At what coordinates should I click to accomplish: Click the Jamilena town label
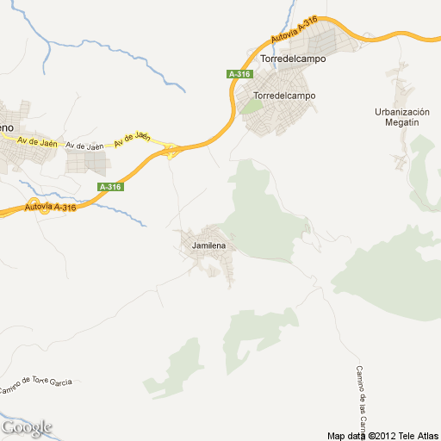pos(204,246)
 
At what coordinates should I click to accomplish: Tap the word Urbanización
pos(402,112)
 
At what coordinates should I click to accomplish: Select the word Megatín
pos(402,123)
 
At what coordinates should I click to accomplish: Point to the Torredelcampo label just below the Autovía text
pos(290,59)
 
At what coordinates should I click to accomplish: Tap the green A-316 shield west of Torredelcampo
pos(239,74)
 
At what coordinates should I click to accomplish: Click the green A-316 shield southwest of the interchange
pos(110,187)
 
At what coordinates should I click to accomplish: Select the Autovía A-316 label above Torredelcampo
pos(293,32)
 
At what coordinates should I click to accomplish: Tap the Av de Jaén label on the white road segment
pos(84,146)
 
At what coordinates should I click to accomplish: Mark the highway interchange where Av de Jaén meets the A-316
pos(172,151)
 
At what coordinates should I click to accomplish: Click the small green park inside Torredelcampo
pos(251,107)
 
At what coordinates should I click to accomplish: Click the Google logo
pos(26,427)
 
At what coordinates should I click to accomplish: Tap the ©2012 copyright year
pos(382,435)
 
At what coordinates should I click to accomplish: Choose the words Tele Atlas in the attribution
pos(419,435)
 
